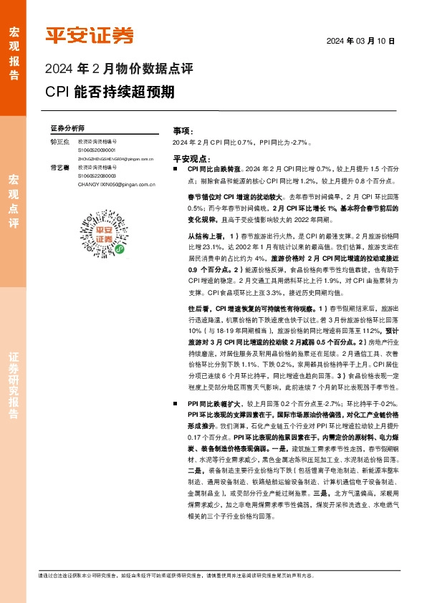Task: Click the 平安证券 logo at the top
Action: (90, 35)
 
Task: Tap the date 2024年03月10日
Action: (361, 41)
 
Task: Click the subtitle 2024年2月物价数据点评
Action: (119, 70)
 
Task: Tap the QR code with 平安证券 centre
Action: (106, 231)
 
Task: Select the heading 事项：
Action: (183, 132)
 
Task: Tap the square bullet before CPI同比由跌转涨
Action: (176, 168)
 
